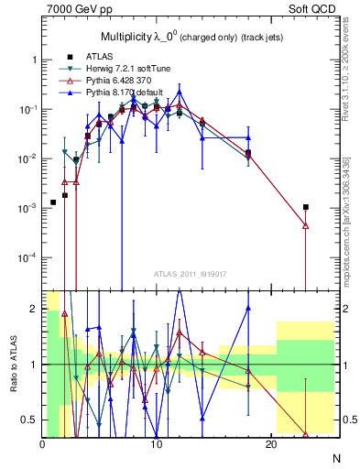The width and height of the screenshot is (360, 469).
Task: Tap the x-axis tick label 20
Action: pyautogui.click(x=270, y=443)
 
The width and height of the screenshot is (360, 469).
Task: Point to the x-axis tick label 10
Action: pyautogui.click(x=157, y=443)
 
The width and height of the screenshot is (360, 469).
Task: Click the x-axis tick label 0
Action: pyautogui.click(x=42, y=443)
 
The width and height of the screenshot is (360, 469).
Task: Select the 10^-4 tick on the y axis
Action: pyautogui.click(x=27, y=257)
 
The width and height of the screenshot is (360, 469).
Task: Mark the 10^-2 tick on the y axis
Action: pyautogui.click(x=27, y=158)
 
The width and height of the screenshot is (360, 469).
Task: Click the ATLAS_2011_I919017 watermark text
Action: pyautogui.click(x=189, y=272)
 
